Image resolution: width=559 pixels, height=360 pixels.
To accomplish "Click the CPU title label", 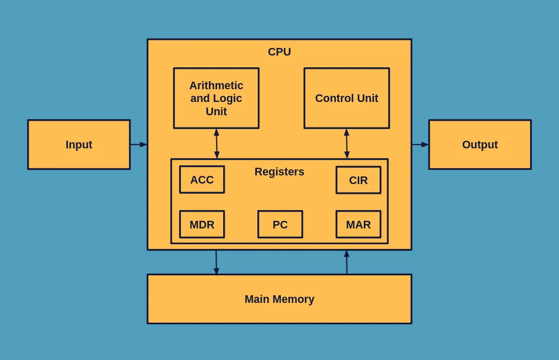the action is pyautogui.click(x=279, y=52).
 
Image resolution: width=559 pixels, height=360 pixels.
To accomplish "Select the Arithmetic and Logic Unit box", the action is pyautogui.click(x=217, y=98).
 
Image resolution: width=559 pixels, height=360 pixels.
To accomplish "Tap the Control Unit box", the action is pyautogui.click(x=347, y=98).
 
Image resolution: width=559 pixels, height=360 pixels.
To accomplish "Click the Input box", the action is pyautogui.click(x=79, y=144).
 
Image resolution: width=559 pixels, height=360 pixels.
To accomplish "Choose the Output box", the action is pyautogui.click(x=480, y=144).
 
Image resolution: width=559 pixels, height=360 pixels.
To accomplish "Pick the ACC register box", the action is pyautogui.click(x=202, y=179).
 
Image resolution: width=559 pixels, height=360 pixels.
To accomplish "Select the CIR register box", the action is pyautogui.click(x=358, y=180).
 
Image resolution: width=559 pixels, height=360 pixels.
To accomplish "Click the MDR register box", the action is pyautogui.click(x=202, y=224).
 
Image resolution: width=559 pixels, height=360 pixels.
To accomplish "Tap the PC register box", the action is pyautogui.click(x=280, y=224).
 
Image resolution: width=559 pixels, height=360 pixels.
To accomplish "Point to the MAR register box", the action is pyautogui.click(x=358, y=224).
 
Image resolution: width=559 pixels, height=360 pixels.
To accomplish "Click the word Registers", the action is pyautogui.click(x=279, y=172).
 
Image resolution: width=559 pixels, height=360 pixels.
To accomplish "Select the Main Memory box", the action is pyautogui.click(x=279, y=299).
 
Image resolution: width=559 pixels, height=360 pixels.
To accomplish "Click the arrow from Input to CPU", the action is pyautogui.click(x=139, y=144).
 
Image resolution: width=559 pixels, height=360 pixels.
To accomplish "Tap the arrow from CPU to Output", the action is pyautogui.click(x=420, y=144).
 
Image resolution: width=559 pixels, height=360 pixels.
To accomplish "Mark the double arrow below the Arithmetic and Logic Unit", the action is pyautogui.click(x=217, y=144).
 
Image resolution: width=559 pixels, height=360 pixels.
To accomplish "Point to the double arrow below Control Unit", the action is pyautogui.click(x=347, y=144).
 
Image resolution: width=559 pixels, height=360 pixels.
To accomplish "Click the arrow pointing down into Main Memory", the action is pyautogui.click(x=216, y=262).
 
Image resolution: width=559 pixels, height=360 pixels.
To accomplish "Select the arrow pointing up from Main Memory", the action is pyautogui.click(x=347, y=262).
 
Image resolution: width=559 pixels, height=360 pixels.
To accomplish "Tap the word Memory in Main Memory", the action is pyautogui.click(x=294, y=299).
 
